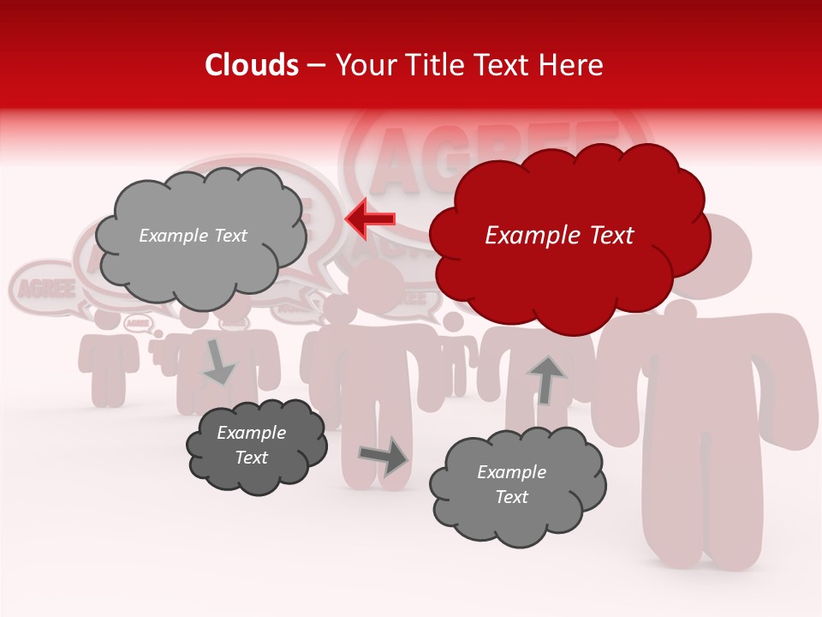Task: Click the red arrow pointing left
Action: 370,219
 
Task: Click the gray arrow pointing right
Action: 383,456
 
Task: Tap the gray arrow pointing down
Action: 219,362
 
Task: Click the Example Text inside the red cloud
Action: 559,236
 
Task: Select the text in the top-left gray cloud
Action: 193,236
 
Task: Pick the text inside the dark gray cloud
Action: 252,445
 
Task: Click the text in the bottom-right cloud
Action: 511,484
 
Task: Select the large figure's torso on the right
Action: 702,377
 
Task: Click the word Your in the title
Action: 363,65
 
